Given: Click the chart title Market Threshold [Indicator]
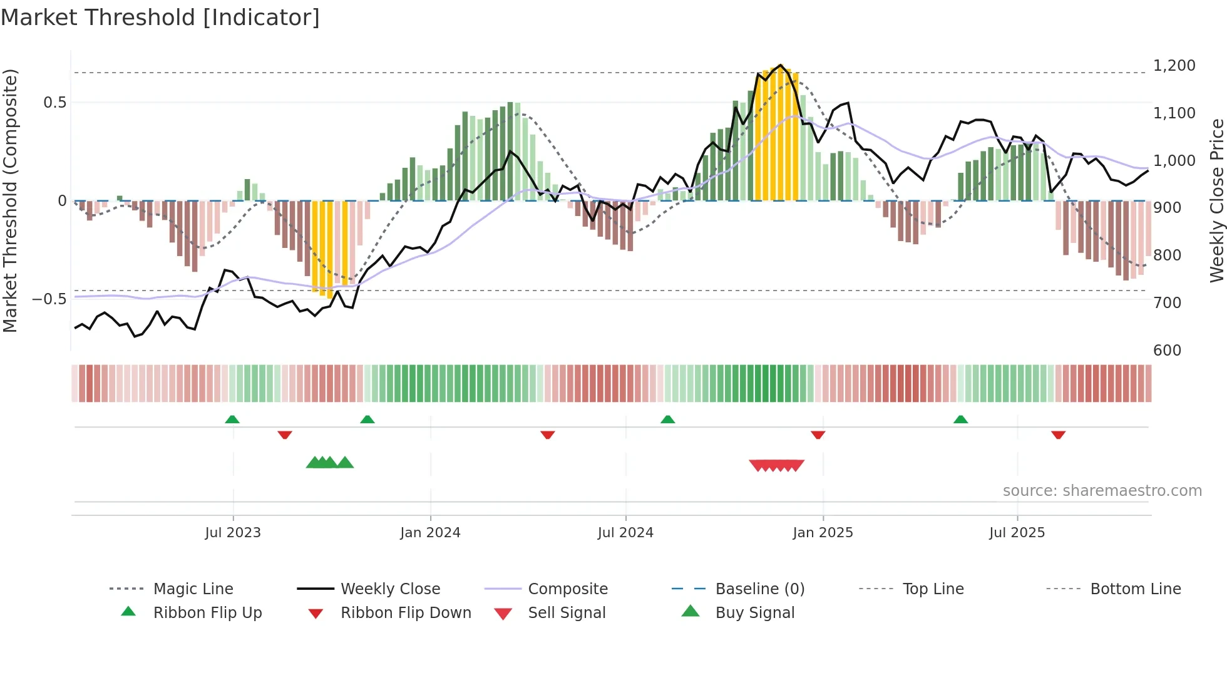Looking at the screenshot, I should coord(160,18).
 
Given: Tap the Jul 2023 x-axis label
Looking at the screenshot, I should coord(233,533).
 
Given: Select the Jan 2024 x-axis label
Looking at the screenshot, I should coord(430,533).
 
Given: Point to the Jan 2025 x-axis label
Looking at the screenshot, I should coord(823,533).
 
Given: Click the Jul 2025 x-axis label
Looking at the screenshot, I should coord(1017,533).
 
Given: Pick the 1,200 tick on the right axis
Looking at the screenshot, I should coord(1174,66).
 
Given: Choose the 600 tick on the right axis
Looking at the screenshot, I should coord(1168,351).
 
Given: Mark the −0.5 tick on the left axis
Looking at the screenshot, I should coord(49,299).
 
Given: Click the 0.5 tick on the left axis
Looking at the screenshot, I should coord(55,103).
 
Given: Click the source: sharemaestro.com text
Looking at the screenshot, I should coord(1102,491).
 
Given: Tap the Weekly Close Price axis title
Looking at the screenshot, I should coord(1216,200).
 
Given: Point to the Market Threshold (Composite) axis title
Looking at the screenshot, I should coord(10,200).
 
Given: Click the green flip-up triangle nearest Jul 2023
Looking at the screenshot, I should coord(232,419).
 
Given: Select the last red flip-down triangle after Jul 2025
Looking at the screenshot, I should coord(1059,435).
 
